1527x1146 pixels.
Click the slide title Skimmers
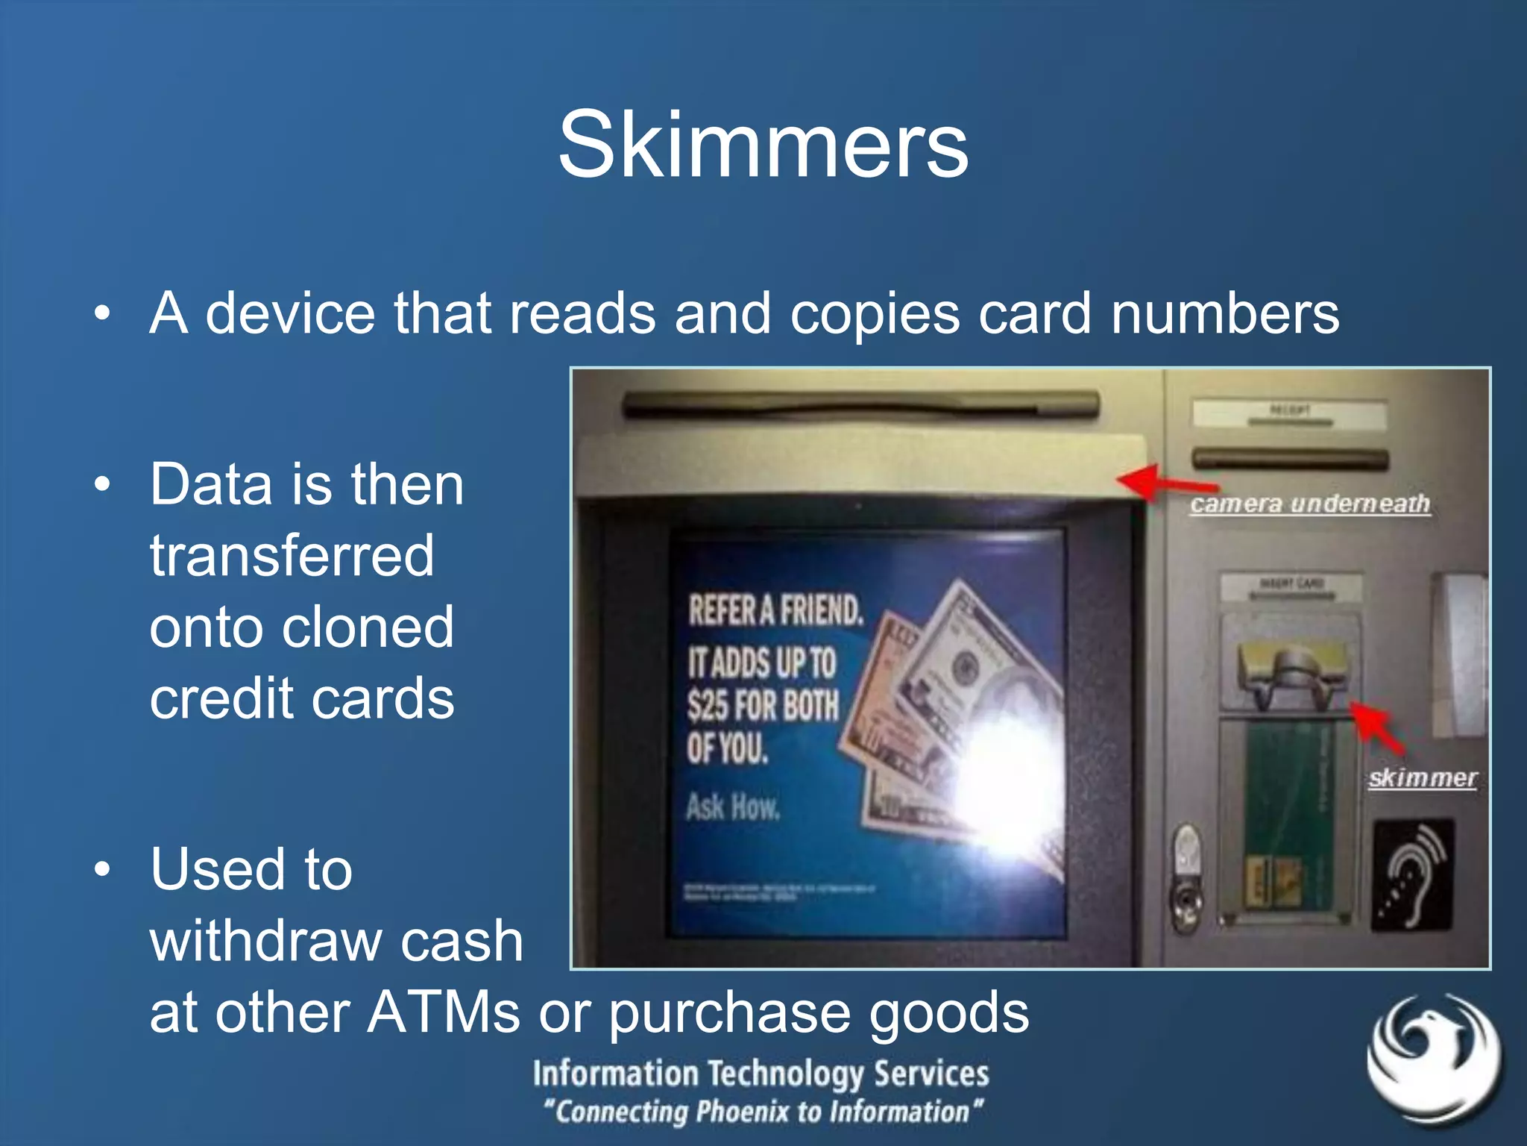[763, 145]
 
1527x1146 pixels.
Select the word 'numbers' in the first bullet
[1224, 313]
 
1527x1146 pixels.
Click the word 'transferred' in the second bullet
[292, 556]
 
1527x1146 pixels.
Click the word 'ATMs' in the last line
[444, 1012]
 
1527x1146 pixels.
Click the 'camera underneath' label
[1309, 504]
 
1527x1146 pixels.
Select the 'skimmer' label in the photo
[1422, 778]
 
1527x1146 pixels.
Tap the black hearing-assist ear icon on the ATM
[1413, 874]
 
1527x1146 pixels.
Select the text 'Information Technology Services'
[761, 1074]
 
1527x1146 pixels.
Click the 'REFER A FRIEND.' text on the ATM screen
[775, 610]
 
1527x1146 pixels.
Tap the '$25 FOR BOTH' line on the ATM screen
[763, 705]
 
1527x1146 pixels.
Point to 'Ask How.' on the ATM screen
[732, 807]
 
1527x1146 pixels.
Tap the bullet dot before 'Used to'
[102, 868]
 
